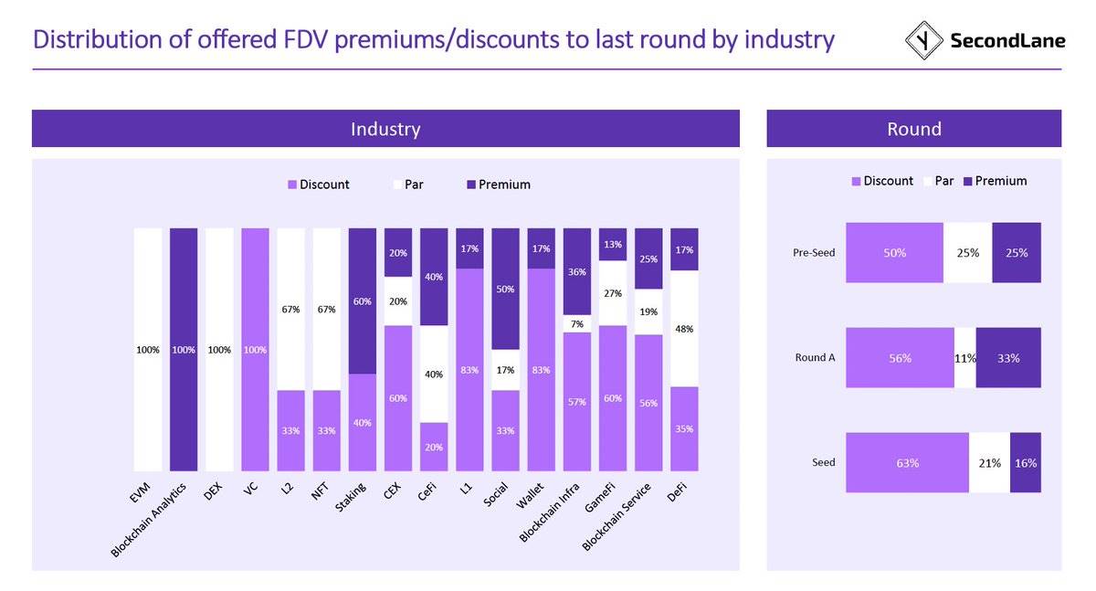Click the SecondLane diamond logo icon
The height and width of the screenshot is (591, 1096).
(x=923, y=40)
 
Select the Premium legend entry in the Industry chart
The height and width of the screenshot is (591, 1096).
(x=498, y=185)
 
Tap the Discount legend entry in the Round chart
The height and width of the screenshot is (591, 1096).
(x=882, y=181)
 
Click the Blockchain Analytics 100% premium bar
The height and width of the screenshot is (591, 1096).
(x=183, y=349)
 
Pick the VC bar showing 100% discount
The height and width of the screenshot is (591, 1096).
(x=255, y=349)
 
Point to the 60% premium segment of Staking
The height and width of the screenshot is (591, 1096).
(x=363, y=301)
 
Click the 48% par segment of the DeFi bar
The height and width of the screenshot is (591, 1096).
(x=684, y=328)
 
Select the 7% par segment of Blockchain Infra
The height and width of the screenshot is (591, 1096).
(x=576, y=324)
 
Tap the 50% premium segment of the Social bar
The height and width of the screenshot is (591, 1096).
(x=505, y=289)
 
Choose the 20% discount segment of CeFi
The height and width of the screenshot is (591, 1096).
(x=434, y=446)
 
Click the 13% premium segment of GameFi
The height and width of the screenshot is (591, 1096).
(x=613, y=244)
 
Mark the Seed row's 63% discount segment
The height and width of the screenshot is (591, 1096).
(x=907, y=462)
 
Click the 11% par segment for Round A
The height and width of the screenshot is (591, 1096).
(x=964, y=358)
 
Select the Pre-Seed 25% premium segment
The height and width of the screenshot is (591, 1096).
(x=1016, y=252)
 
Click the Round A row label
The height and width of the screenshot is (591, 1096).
(x=815, y=358)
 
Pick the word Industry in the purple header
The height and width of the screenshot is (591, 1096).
(x=385, y=129)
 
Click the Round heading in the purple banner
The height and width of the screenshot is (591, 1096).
(x=913, y=129)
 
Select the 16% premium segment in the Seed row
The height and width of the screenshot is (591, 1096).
(x=1025, y=462)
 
